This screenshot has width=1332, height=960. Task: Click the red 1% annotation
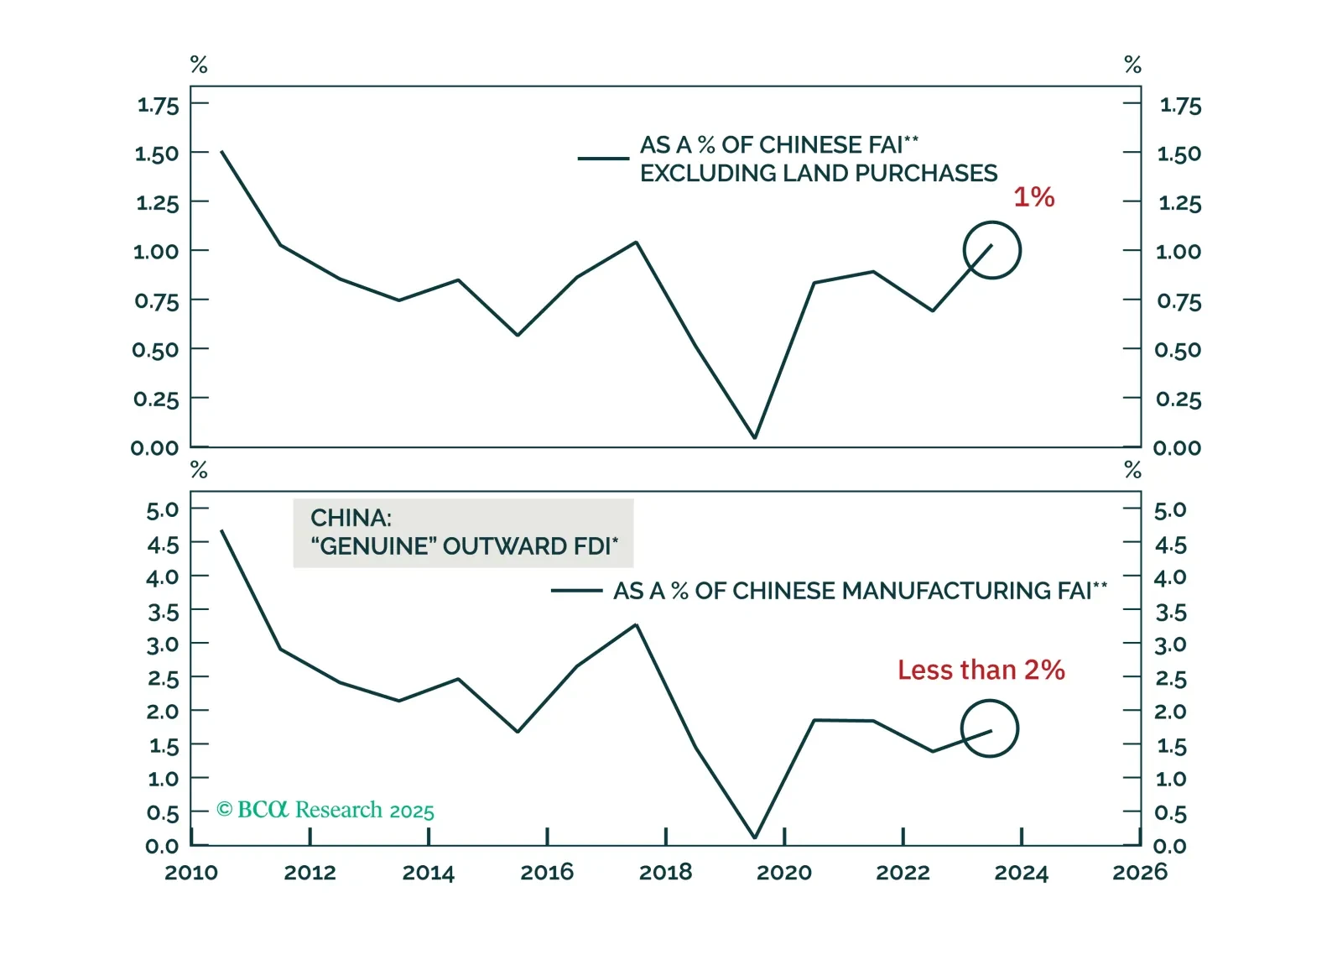click(1033, 197)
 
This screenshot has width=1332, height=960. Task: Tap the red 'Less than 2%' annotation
click(981, 670)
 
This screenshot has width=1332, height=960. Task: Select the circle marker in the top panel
click(991, 250)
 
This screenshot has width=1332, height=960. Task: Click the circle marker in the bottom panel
click(989, 729)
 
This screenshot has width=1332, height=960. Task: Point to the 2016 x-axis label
click(547, 873)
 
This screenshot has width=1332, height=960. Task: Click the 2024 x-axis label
click(1021, 873)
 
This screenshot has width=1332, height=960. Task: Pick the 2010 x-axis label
click(191, 873)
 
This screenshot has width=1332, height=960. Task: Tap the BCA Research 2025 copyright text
click(325, 810)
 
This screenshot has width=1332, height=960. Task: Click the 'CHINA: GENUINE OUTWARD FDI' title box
click(463, 533)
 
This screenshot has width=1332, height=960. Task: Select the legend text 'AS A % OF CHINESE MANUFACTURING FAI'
click(860, 591)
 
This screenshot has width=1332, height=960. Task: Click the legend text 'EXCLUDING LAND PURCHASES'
click(819, 174)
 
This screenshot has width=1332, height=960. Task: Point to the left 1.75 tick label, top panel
click(158, 106)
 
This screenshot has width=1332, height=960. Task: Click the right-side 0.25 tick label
click(1179, 399)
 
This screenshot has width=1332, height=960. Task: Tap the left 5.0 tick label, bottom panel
click(162, 510)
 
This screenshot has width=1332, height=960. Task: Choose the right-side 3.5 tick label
click(1171, 613)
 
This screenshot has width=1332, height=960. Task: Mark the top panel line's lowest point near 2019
click(755, 437)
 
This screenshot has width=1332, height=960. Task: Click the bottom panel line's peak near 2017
click(636, 625)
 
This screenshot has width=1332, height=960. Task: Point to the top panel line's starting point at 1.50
click(221, 152)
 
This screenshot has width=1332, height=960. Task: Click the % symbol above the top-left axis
click(199, 65)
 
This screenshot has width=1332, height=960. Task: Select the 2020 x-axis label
click(784, 873)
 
